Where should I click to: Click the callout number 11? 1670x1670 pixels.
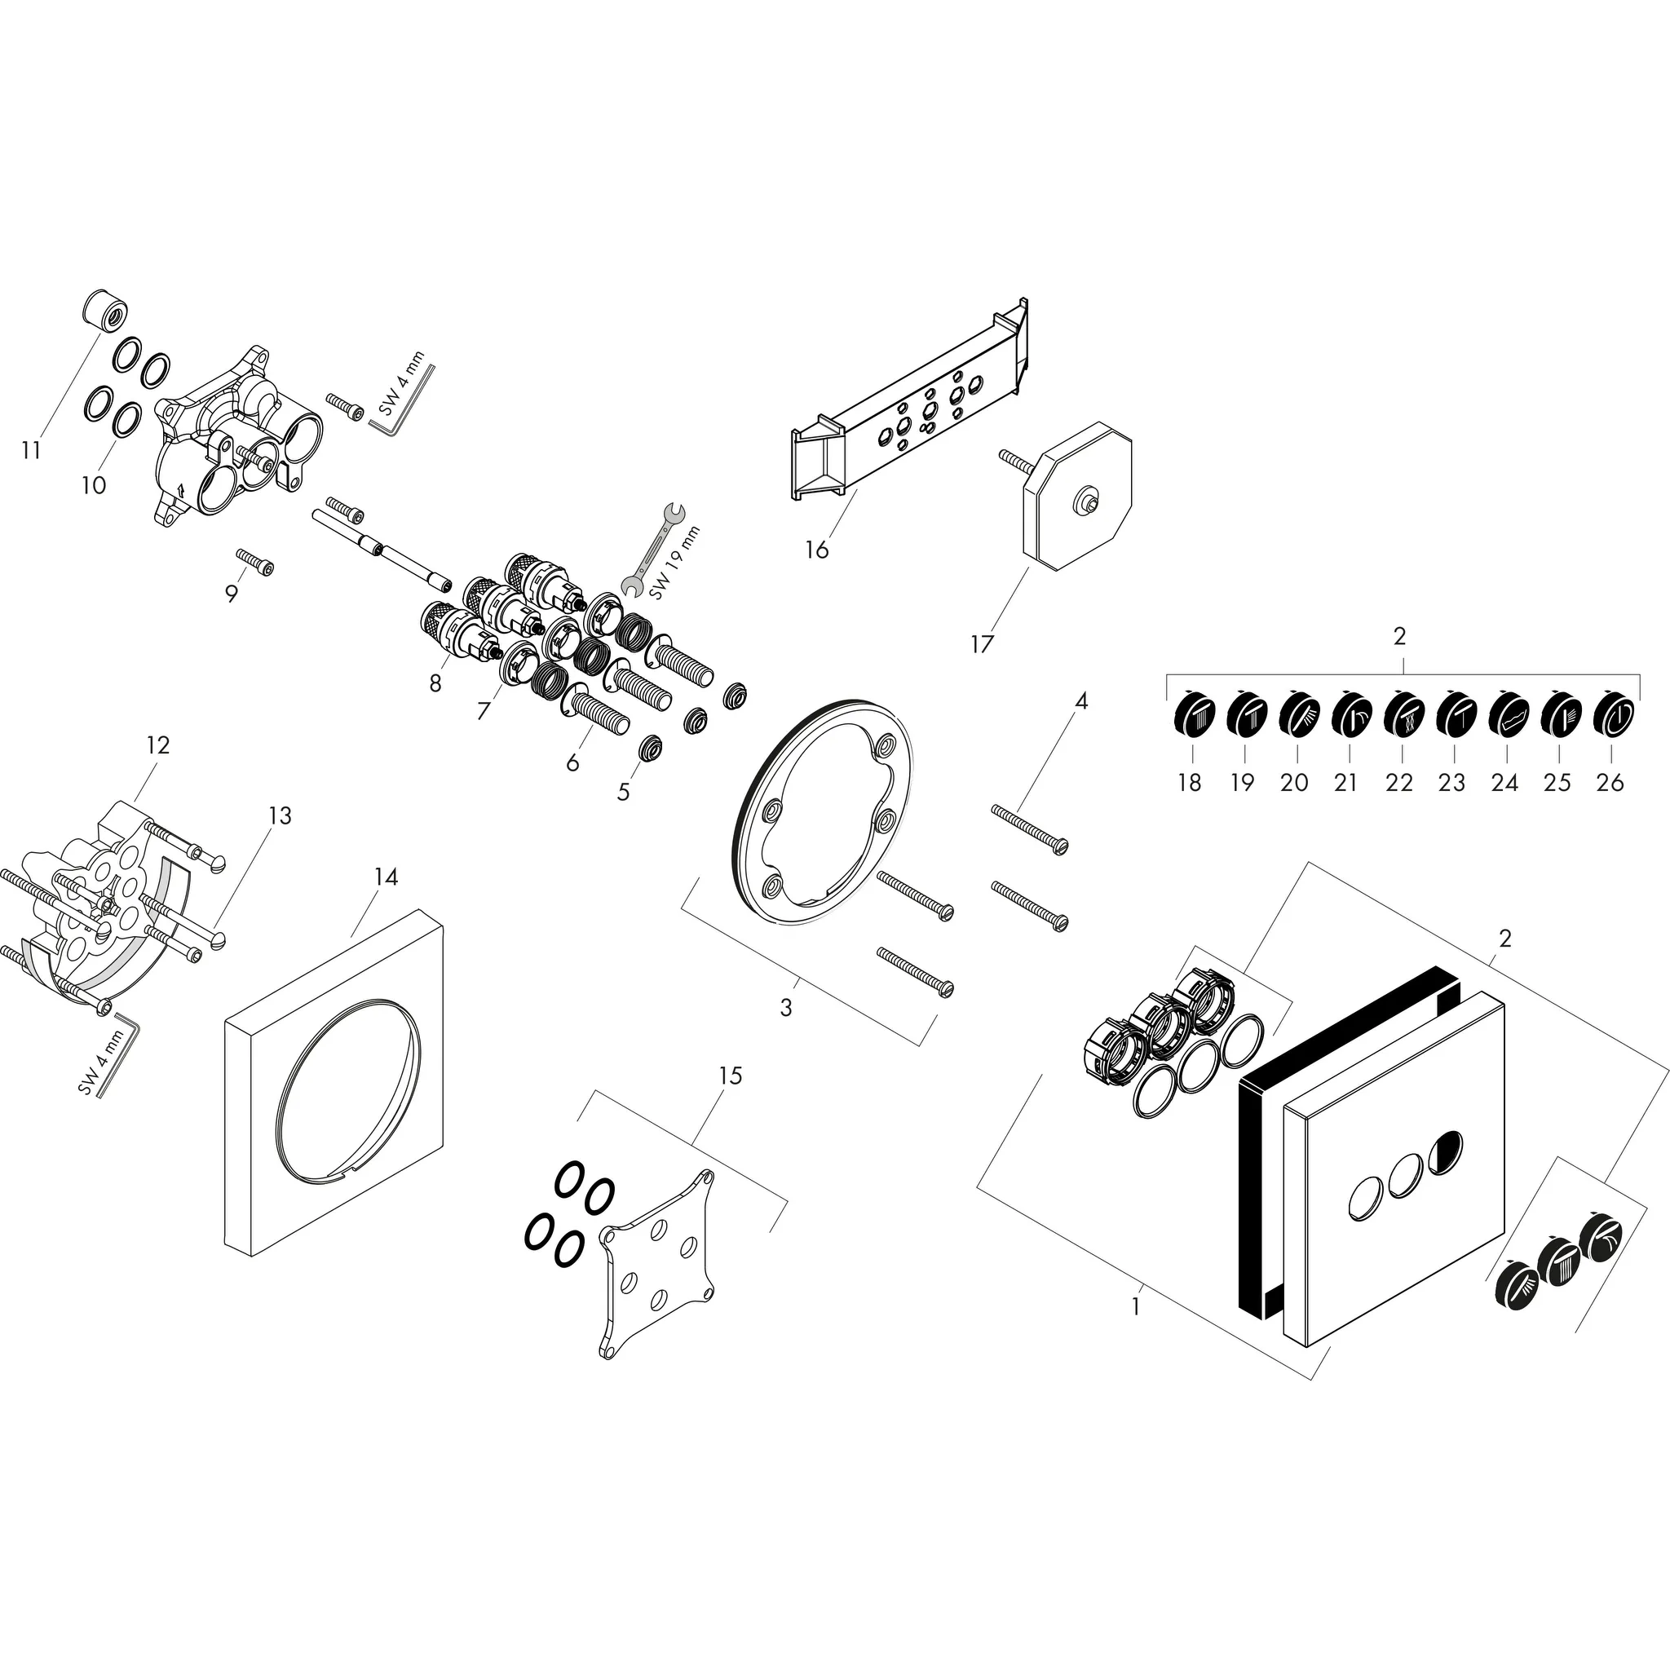pos(32,450)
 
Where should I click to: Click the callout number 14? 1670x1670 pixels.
pos(386,877)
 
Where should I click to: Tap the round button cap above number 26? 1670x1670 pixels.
pos(1611,717)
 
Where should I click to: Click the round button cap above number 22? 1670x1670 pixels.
pos(1401,717)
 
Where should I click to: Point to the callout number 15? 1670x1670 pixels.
pos(731,1076)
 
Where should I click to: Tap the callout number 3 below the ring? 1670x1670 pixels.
pos(786,1007)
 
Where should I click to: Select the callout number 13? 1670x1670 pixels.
pos(280,815)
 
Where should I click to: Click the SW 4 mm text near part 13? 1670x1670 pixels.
pos(103,1063)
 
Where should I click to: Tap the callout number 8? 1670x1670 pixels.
pos(435,683)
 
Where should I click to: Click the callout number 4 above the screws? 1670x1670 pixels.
pos(1081,701)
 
